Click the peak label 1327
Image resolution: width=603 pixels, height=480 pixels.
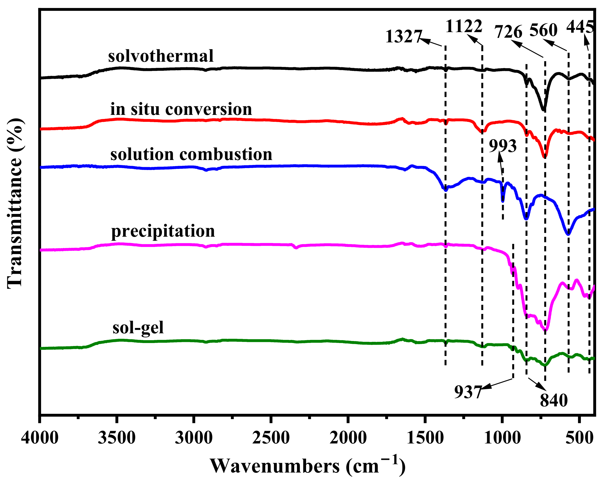click(403, 37)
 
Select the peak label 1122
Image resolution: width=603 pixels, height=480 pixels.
click(464, 27)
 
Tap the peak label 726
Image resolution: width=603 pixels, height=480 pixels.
click(508, 32)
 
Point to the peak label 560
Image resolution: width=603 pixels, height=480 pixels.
click(543, 30)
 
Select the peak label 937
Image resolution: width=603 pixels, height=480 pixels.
click(468, 392)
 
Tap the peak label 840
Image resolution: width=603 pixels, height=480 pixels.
click(553, 401)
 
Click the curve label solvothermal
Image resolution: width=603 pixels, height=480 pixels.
click(161, 56)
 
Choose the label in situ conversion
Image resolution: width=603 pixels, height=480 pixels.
click(181, 109)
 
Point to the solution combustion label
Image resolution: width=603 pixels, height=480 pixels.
click(191, 154)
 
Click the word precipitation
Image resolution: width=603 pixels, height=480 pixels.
click(163, 231)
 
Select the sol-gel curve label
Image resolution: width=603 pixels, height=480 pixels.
click(138, 328)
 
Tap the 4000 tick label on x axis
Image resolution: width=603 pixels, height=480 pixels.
click(40, 438)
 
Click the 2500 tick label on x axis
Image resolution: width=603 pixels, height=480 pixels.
click(271, 438)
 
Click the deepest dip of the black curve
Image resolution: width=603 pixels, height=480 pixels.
click(543, 110)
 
